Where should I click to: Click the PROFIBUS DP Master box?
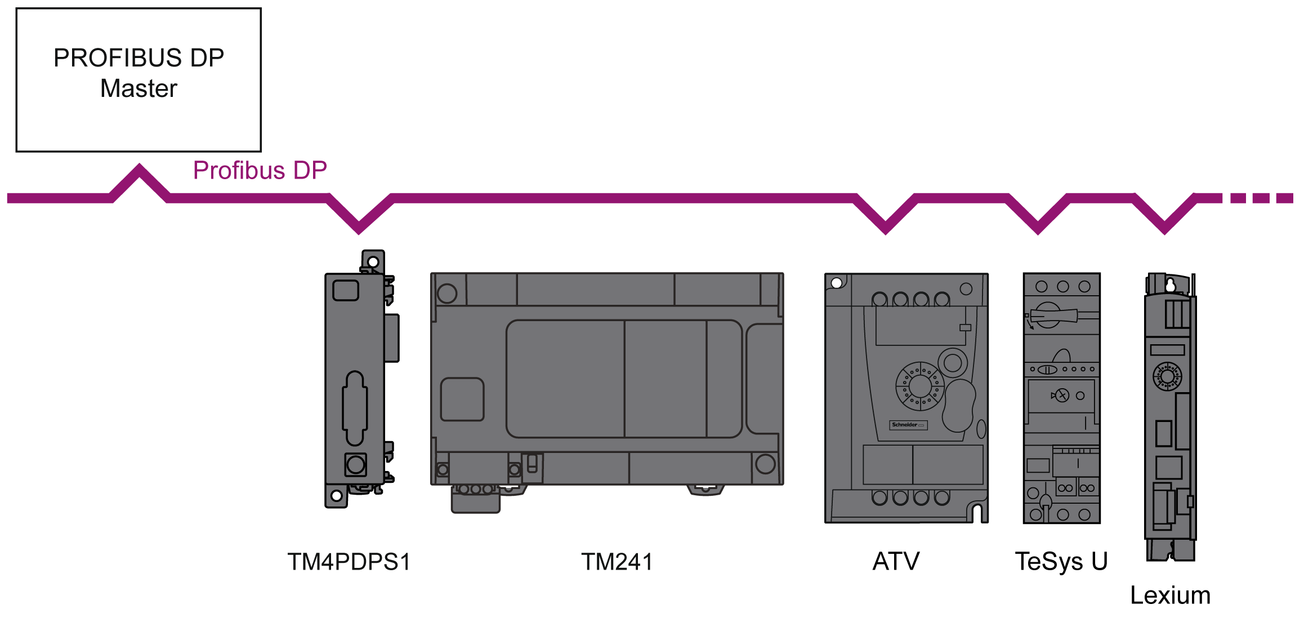(x=139, y=79)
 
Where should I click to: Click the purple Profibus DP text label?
(x=260, y=170)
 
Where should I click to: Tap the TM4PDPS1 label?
(x=349, y=562)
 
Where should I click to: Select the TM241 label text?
(x=617, y=562)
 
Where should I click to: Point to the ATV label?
(x=896, y=561)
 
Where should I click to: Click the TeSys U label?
(x=1061, y=561)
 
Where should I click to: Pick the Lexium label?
(x=1170, y=595)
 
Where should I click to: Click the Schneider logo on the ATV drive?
(x=908, y=425)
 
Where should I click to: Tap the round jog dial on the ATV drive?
(x=919, y=386)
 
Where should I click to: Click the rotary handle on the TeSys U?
(x=1051, y=316)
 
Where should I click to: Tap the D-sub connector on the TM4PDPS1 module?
(x=355, y=408)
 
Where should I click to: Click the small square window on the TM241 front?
(x=462, y=399)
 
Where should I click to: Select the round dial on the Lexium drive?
(x=1167, y=376)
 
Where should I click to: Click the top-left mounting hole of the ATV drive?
(x=837, y=283)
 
